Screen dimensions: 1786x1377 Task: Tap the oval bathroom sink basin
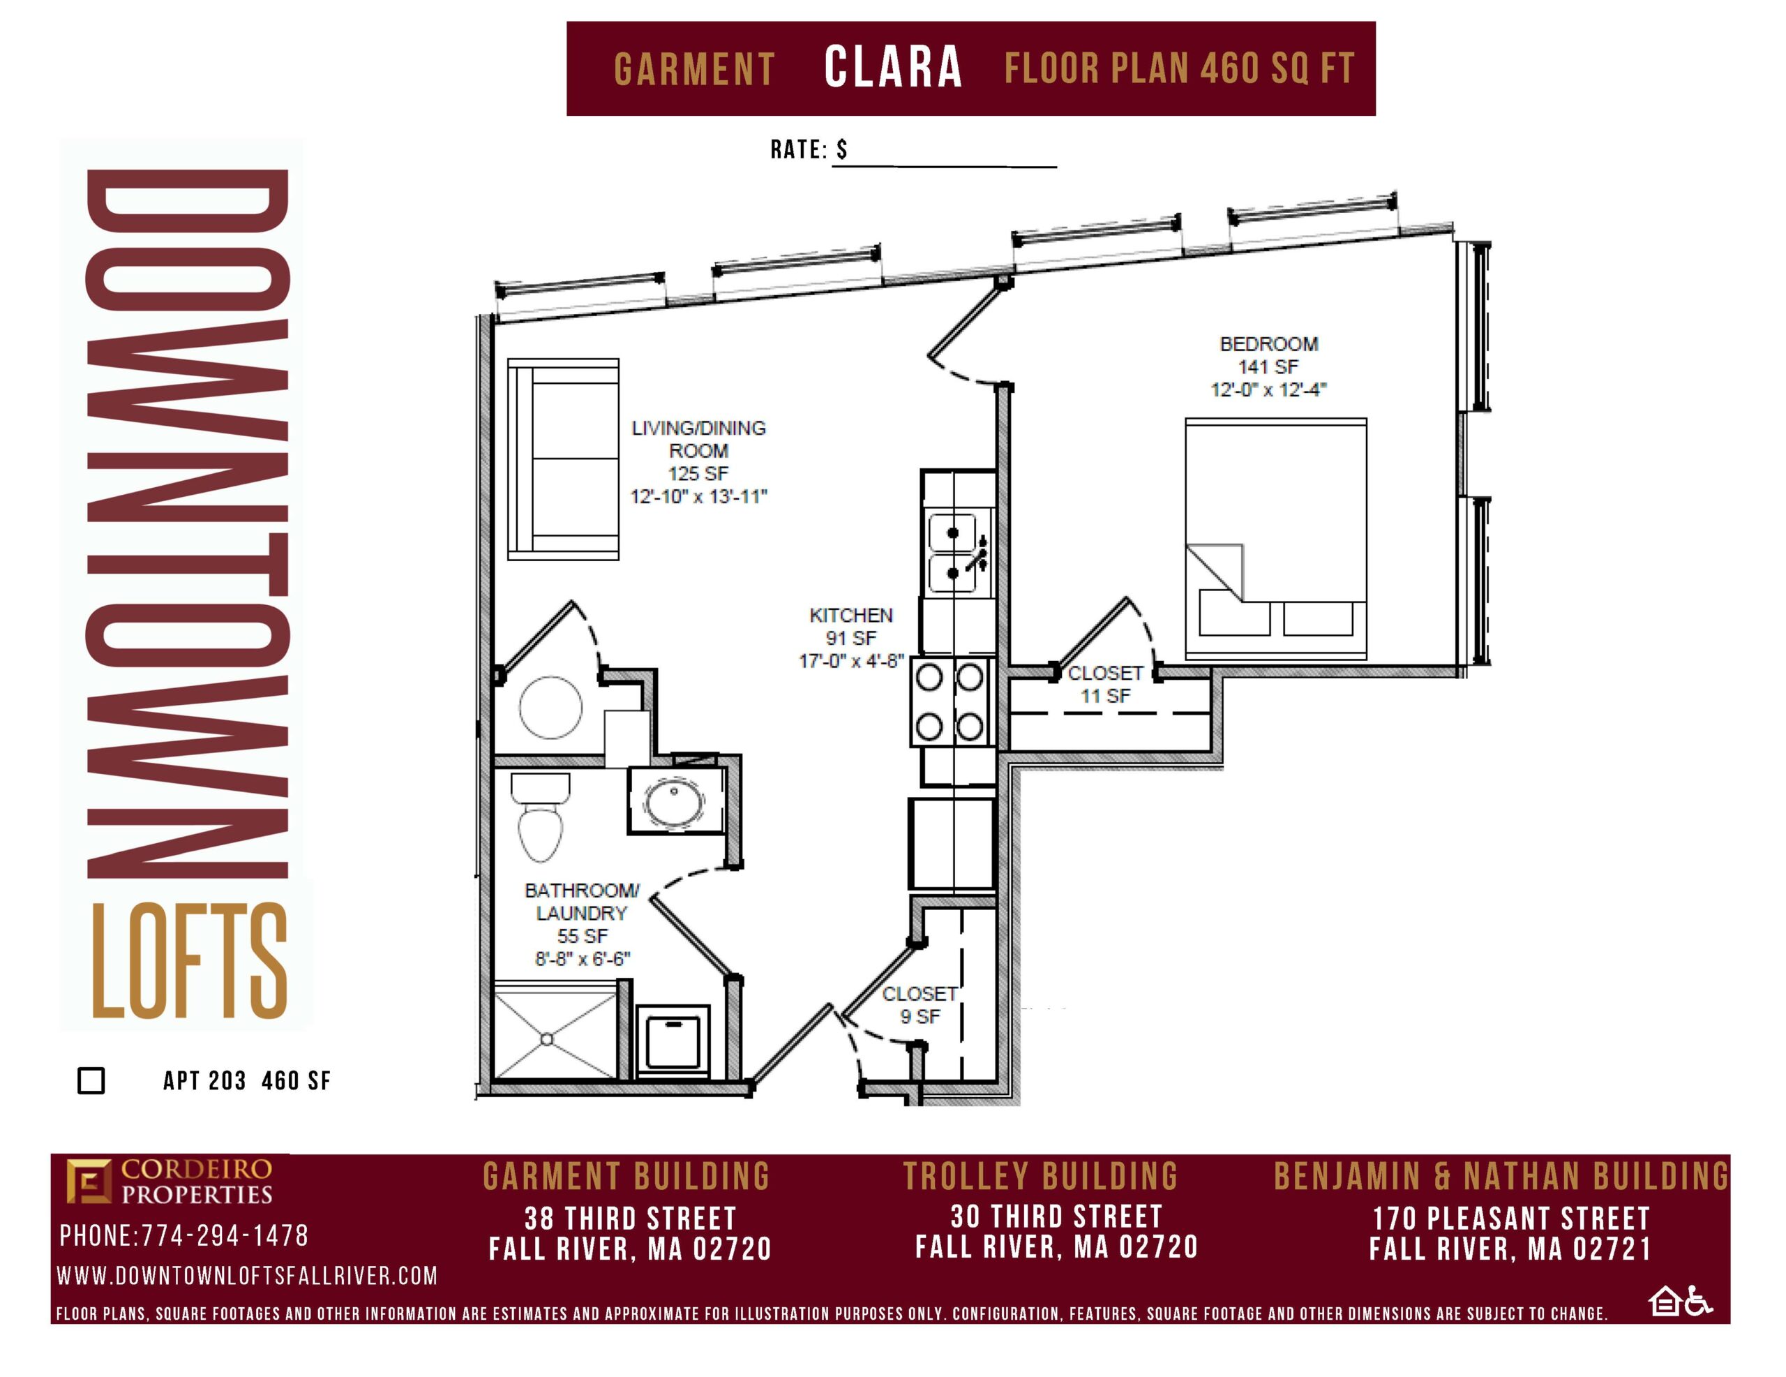pyautogui.click(x=674, y=803)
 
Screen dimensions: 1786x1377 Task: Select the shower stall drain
pyautogui.click(x=547, y=1039)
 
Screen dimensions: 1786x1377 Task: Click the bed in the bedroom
pyautogui.click(x=1276, y=538)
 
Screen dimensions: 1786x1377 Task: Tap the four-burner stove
pyautogui.click(x=950, y=701)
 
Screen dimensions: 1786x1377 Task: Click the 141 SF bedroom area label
pyautogui.click(x=1268, y=366)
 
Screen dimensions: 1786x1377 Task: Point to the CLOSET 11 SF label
pyautogui.click(x=1106, y=684)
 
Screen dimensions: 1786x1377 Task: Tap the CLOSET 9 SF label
pyautogui.click(x=920, y=1005)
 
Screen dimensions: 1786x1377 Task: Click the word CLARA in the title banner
pyautogui.click(x=893, y=67)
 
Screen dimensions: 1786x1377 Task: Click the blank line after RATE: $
pyautogui.click(x=945, y=167)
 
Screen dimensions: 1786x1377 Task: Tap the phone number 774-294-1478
pyautogui.click(x=225, y=1235)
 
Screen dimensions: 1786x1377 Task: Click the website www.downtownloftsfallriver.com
pyautogui.click(x=247, y=1276)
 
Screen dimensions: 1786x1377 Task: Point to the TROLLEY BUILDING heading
pyautogui.click(x=1040, y=1177)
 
